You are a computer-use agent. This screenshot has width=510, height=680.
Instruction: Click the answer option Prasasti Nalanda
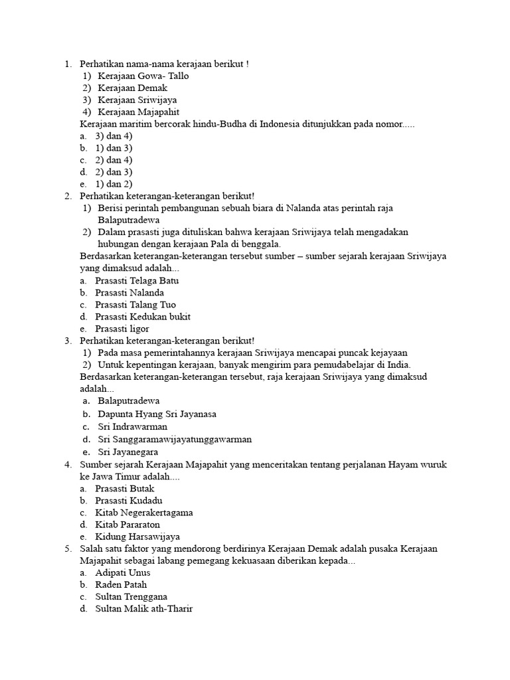[129, 293]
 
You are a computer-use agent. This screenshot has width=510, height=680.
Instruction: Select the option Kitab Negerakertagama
[144, 513]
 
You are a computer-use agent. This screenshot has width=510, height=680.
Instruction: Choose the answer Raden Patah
[121, 584]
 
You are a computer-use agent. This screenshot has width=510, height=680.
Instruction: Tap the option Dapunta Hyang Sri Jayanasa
[157, 414]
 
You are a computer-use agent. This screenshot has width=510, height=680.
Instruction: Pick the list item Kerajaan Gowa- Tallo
[143, 76]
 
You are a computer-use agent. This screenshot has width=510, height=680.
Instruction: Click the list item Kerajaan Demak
[132, 88]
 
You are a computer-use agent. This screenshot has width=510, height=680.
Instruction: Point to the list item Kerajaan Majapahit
[138, 112]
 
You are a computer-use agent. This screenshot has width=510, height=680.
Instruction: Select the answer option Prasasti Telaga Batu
[137, 281]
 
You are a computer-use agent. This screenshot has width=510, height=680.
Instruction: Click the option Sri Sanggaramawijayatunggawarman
[175, 439]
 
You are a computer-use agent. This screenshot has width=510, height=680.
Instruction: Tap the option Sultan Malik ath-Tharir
[143, 608]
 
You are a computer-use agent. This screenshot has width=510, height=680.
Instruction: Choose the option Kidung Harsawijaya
[137, 537]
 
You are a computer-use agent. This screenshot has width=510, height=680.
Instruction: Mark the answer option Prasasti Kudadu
[129, 501]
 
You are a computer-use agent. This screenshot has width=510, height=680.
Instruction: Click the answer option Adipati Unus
[123, 572]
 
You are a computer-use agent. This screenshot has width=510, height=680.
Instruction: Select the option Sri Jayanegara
[127, 452]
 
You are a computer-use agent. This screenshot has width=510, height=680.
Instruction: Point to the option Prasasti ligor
[122, 329]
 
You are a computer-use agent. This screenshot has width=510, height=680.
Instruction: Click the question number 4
[68, 465]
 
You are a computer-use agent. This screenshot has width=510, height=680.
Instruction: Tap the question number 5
[68, 549]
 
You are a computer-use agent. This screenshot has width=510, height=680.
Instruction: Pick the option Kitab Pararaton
[127, 525]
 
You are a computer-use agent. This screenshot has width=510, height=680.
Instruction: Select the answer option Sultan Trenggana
[131, 596]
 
